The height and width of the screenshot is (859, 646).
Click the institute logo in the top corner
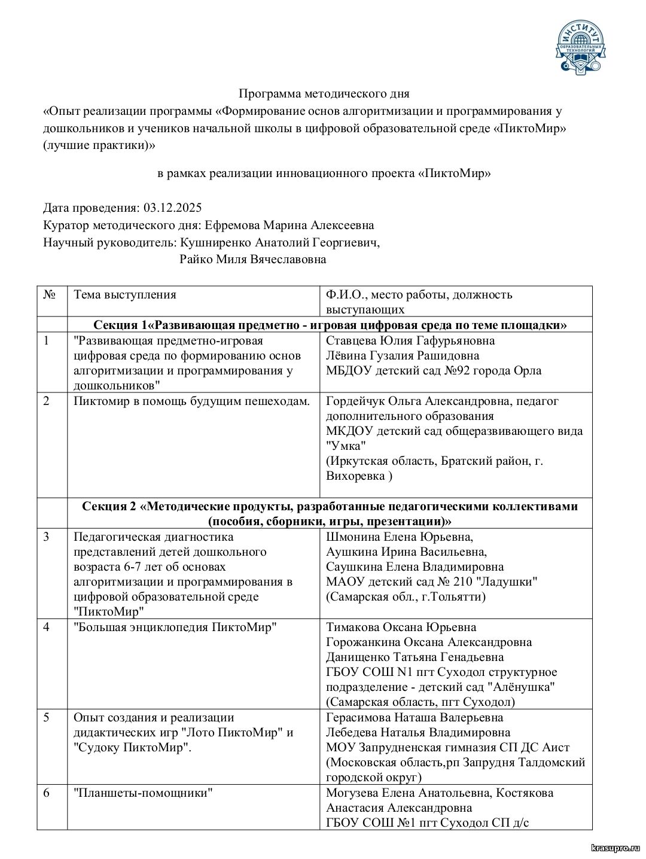pyautogui.click(x=581, y=47)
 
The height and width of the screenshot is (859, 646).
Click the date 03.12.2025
pyautogui.click(x=172, y=208)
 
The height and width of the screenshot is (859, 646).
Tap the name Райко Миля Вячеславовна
pyautogui.click(x=252, y=260)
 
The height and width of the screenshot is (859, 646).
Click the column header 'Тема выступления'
pyautogui.click(x=124, y=295)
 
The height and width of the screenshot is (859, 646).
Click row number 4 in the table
pyautogui.click(x=47, y=628)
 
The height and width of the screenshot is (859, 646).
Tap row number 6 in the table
pyautogui.click(x=47, y=793)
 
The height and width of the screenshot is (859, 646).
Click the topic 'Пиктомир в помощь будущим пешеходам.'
pyautogui.click(x=191, y=401)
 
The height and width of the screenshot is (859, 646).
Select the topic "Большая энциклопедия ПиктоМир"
pyautogui.click(x=175, y=628)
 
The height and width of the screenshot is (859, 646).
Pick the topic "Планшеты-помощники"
pyautogui.click(x=144, y=793)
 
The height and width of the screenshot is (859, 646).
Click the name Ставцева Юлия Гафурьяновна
pyautogui.click(x=410, y=341)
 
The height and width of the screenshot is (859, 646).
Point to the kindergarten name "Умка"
pyautogui.click(x=346, y=446)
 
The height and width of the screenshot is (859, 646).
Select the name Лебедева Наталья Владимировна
pyautogui.click(x=418, y=733)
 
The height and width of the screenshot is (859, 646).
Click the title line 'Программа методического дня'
pyautogui.click(x=324, y=94)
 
